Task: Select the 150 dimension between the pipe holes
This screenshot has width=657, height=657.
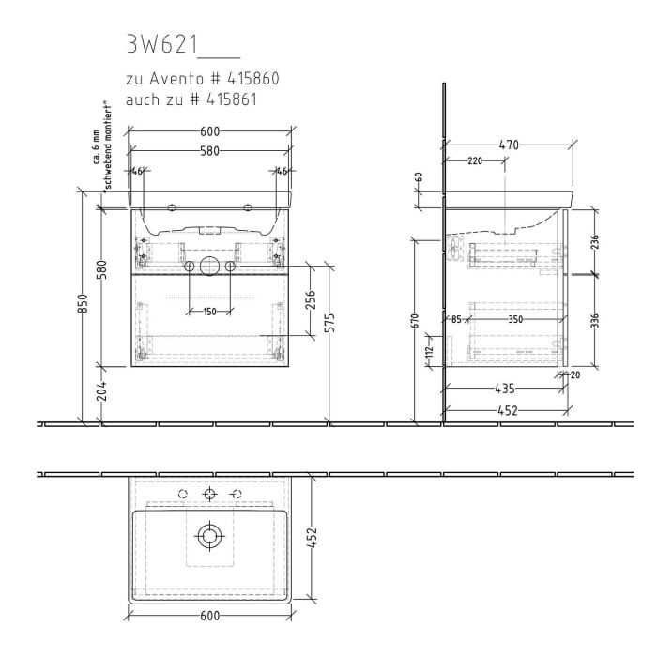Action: point(209,311)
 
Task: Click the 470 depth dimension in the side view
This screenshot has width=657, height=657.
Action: point(509,145)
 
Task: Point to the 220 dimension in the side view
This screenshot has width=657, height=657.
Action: point(474,160)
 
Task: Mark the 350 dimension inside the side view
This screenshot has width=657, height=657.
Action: point(514,320)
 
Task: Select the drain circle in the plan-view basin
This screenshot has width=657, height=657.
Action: point(209,536)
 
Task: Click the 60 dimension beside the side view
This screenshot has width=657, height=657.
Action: point(420,176)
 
